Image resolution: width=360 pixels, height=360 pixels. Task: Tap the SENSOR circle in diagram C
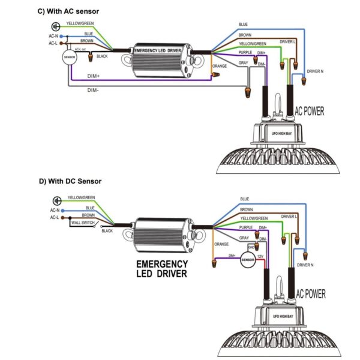click(x=70, y=58)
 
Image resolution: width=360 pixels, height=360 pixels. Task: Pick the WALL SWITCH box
click(x=84, y=223)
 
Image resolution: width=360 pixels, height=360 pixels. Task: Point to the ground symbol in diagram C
click(x=56, y=26)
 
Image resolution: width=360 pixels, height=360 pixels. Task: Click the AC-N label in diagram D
click(x=55, y=211)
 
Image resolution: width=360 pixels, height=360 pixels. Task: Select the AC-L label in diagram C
click(x=53, y=43)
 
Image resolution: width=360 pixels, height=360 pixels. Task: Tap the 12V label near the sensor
click(x=260, y=256)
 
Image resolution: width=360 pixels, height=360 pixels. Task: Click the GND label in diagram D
click(x=253, y=246)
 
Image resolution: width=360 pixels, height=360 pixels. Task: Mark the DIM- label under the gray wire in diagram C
click(x=93, y=90)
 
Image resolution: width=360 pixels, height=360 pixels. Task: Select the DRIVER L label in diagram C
click(x=287, y=41)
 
